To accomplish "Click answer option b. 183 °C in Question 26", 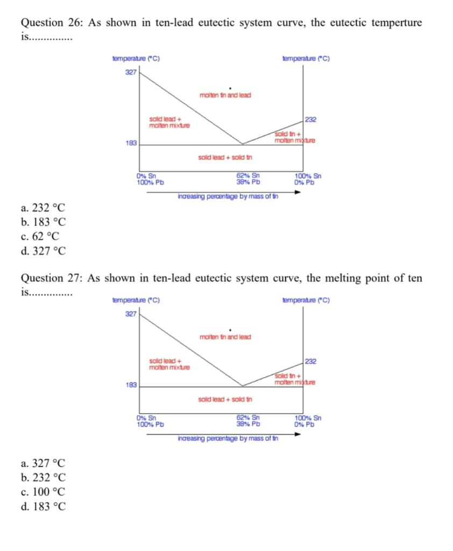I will (43, 222).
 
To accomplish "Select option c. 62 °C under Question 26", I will (41, 236).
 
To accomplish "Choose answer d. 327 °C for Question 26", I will (43, 250).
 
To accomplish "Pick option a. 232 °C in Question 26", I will (43, 208).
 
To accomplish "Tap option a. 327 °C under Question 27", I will (43, 463).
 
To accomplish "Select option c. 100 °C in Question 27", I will (43, 491).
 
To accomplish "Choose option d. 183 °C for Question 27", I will (43, 506).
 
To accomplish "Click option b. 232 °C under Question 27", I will (43, 477).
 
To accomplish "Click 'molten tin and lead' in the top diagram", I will (225, 95).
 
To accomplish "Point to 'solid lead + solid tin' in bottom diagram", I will (225, 400).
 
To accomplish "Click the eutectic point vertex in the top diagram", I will (242, 144).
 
